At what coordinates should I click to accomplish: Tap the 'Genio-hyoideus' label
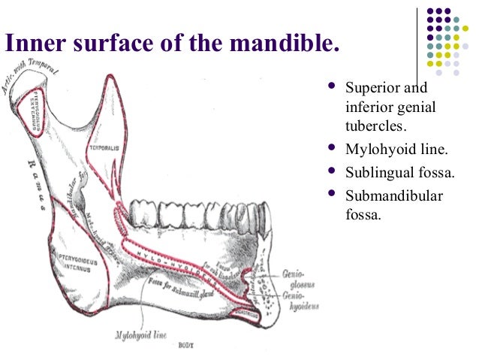tap(302, 301)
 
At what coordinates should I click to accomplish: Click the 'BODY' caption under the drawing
tap(183, 347)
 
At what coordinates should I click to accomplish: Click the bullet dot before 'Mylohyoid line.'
tap(330, 148)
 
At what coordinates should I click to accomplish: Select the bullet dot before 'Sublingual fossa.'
tap(330, 172)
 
